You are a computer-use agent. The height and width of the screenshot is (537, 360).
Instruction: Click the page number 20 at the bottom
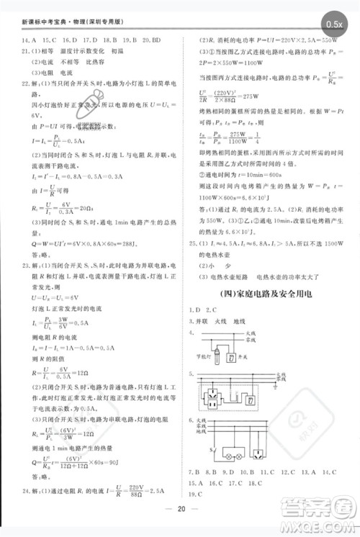coord(180,526)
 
